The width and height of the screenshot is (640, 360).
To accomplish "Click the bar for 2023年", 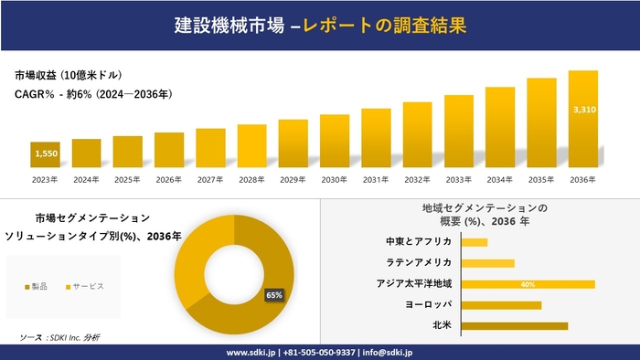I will tap(45, 155).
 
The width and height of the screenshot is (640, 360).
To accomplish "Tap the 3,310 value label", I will tap(583, 110).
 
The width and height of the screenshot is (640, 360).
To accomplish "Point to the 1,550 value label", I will tap(46, 154).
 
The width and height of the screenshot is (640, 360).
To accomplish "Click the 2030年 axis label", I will tap(335, 180).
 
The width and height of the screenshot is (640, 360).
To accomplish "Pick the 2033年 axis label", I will tap(458, 180).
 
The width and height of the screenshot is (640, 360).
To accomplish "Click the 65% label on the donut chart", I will tap(273, 295).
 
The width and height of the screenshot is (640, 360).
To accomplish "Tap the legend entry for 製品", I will tap(37, 288).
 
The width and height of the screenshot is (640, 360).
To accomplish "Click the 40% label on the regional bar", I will tap(528, 284).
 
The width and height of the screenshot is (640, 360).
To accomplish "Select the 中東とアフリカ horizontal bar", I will tap(475, 242).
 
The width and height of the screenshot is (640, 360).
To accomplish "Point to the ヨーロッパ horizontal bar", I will tap(501, 304).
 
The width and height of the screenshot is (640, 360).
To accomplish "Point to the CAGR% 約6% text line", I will tap(94, 94).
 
